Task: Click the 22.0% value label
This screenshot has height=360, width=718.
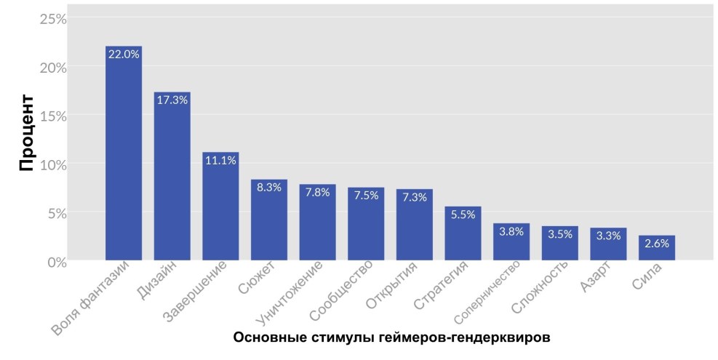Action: point(124,55)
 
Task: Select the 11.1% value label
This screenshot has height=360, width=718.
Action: point(220,161)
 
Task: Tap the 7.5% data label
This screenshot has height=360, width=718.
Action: point(366,196)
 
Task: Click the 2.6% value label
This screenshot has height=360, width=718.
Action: point(657,244)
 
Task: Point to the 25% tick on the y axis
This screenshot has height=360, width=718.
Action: point(52,20)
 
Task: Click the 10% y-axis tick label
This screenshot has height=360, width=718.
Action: point(52,164)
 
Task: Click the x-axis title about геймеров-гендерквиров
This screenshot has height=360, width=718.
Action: point(391,338)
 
